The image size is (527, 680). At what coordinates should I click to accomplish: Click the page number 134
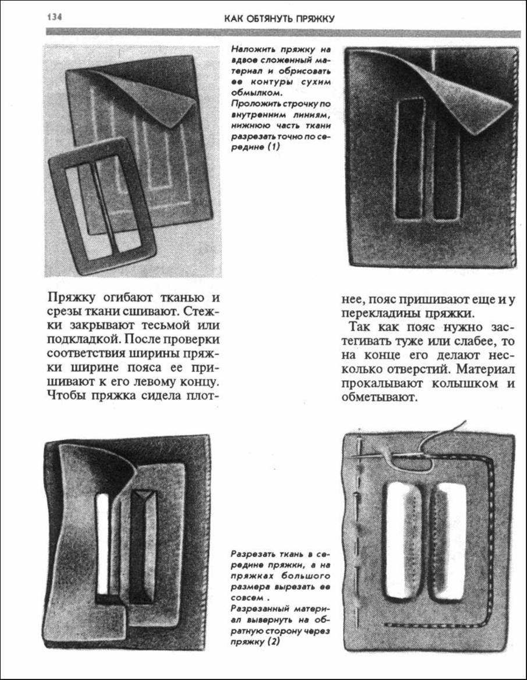coord(54,16)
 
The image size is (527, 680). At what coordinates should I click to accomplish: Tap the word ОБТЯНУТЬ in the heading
coord(265,19)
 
